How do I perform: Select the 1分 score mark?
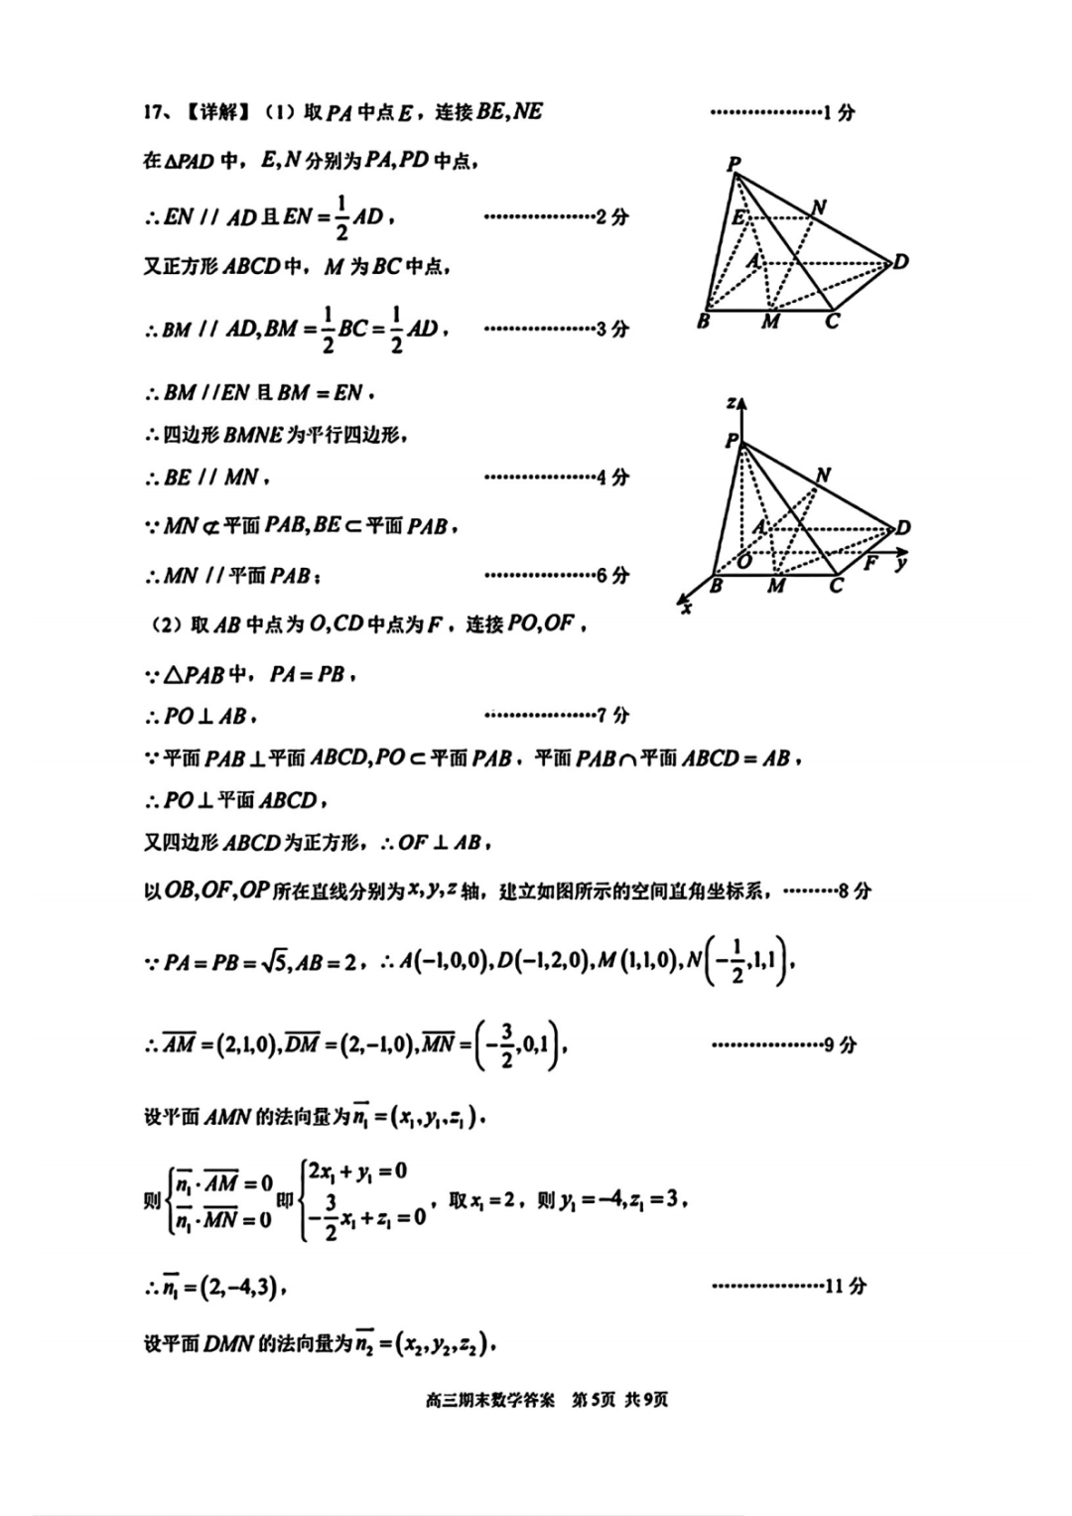839,112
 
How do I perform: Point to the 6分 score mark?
612,575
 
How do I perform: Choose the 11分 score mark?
845,1286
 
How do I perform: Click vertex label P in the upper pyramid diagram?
734,164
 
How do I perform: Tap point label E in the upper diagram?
738,217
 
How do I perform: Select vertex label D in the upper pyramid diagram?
900,262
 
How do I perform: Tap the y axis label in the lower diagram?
900,563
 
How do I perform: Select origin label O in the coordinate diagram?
744,562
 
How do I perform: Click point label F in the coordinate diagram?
871,563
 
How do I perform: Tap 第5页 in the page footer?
593,1400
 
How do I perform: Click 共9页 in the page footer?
646,1400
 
